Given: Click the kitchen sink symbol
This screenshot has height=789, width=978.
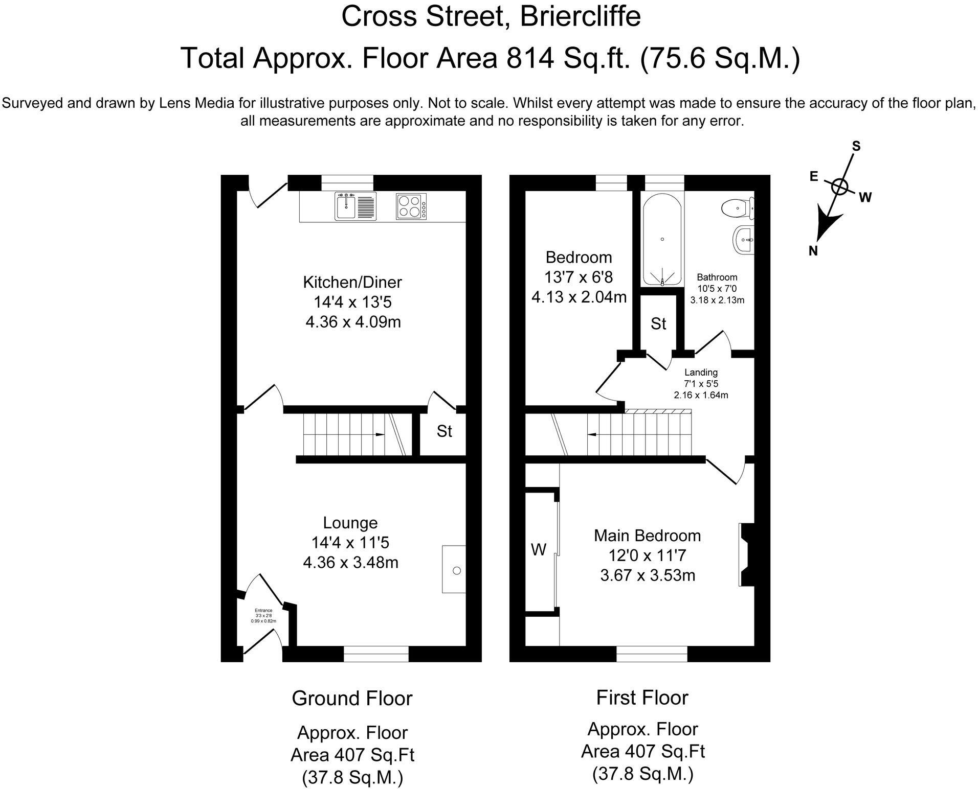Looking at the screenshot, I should [x=355, y=206].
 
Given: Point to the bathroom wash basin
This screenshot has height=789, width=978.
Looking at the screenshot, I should [x=744, y=240].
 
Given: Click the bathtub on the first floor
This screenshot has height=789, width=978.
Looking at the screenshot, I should [x=662, y=241].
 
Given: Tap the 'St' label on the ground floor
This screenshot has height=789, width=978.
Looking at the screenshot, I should [x=444, y=432].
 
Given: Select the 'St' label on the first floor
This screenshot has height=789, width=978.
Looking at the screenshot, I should [x=658, y=324].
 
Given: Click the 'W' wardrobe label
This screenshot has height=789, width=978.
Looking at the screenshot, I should [x=539, y=550].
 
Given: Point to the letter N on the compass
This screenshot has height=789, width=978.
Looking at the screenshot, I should [x=813, y=251].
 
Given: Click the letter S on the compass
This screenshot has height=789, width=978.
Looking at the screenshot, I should [x=856, y=147].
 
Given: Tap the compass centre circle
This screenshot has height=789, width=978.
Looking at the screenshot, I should [x=839, y=187].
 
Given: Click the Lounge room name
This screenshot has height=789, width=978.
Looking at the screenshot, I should [x=350, y=523].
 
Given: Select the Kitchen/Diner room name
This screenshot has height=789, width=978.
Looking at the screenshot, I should [x=352, y=282].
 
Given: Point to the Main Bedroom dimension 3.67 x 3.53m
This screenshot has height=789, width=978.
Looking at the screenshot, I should [x=647, y=575].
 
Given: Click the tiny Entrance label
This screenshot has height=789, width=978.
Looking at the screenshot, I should [x=263, y=610].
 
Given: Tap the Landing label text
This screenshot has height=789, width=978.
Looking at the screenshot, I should [x=701, y=373].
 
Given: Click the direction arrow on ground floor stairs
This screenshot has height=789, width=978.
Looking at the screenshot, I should [x=380, y=434].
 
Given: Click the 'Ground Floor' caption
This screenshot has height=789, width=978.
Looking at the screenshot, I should [x=352, y=698].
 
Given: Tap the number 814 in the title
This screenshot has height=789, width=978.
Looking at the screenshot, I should [x=530, y=58].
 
